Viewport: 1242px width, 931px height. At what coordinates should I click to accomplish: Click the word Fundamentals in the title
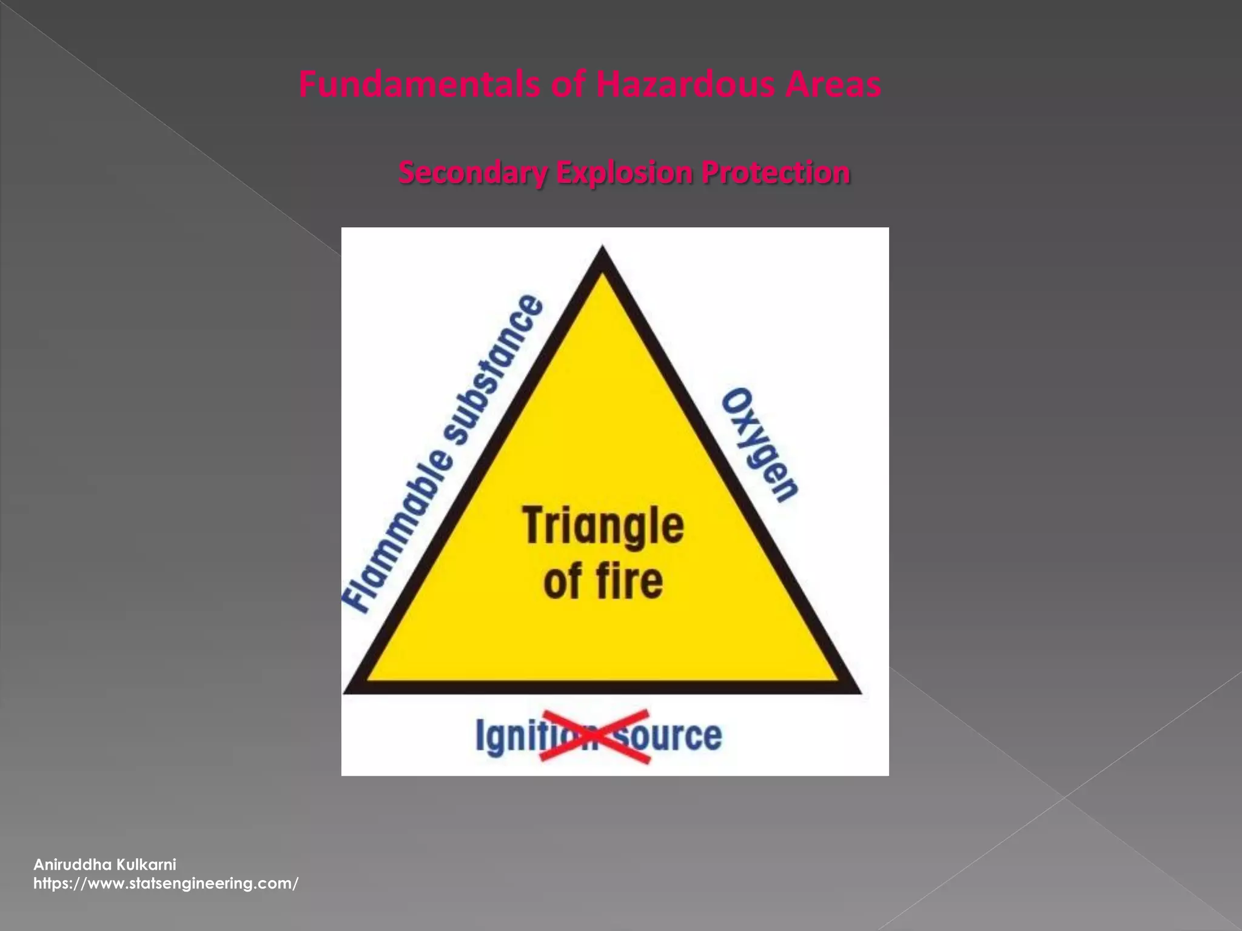(418, 85)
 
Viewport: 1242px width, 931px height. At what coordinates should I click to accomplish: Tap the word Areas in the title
(833, 85)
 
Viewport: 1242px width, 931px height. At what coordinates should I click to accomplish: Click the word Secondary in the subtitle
(472, 173)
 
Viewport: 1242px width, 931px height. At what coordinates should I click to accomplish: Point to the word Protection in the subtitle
(776, 173)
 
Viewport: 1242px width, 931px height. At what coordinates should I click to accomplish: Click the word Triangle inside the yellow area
(603, 526)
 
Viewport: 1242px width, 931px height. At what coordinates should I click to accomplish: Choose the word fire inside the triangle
(628, 580)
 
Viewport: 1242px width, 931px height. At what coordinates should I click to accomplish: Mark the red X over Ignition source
(595, 736)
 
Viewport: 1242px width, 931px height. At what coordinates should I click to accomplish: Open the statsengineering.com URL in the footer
(166, 883)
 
